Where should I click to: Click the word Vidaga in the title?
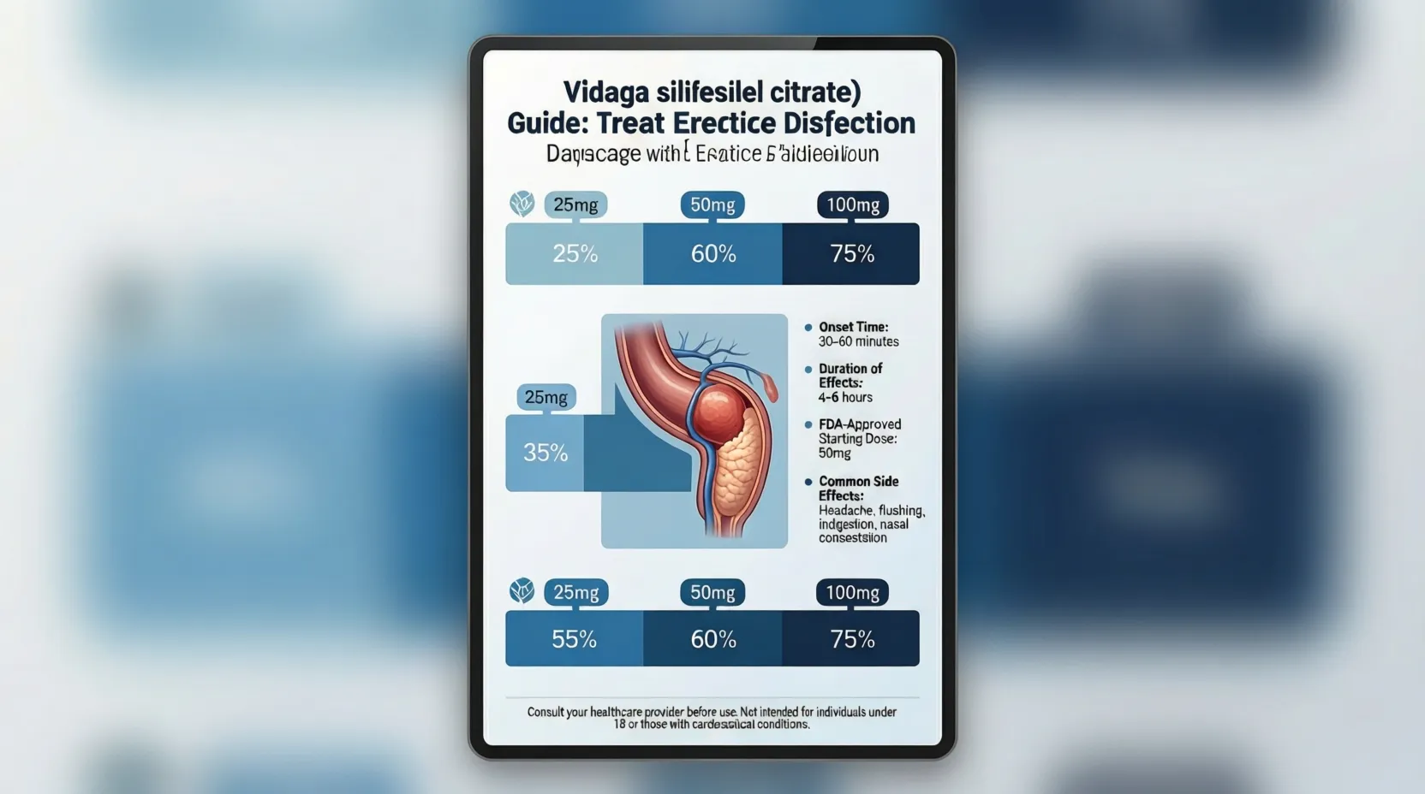coord(605,92)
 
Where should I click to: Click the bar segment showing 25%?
coord(575,254)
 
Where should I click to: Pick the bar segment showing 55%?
coord(574,639)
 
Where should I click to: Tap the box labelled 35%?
coord(546,453)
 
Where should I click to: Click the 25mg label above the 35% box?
coord(546,397)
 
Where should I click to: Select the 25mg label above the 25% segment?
coord(575,204)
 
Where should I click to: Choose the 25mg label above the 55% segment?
coord(575,592)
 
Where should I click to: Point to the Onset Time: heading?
coord(853,327)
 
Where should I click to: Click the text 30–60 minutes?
coord(858,341)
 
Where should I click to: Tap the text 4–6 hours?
coord(845,397)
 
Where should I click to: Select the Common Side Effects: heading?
coord(858,488)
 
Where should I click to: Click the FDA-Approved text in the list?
coord(860,424)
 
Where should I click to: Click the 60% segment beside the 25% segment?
coord(712,254)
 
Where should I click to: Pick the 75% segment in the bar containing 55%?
coord(852,639)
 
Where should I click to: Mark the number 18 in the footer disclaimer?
coord(619,724)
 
